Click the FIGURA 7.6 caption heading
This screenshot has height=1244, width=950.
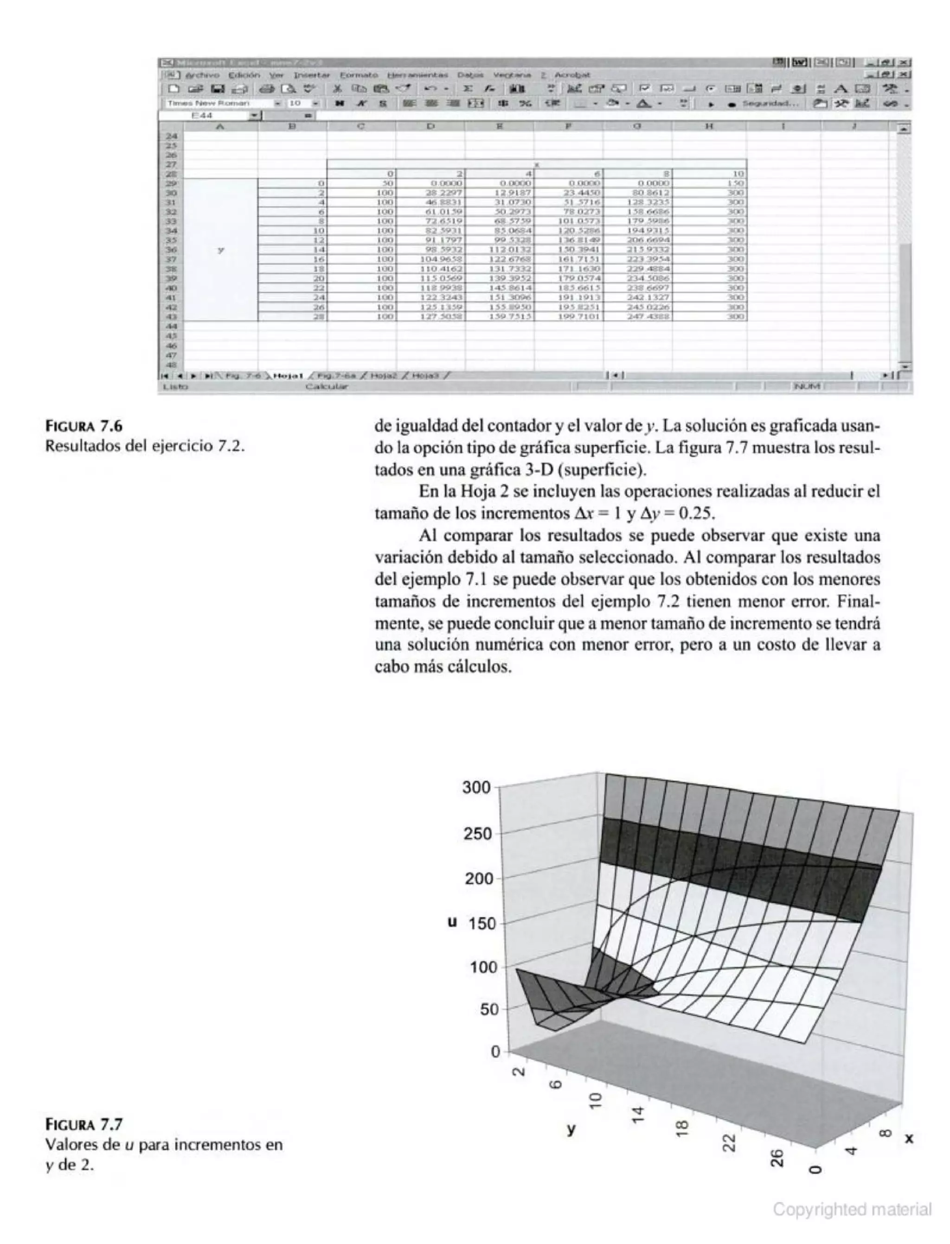(83, 426)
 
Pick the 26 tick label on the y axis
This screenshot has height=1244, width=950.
(777, 1158)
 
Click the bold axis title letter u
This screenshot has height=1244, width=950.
(452, 922)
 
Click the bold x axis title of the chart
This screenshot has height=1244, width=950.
(909, 1139)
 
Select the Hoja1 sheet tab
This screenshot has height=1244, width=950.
(289, 375)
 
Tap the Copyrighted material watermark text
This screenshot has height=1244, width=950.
(852, 1210)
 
